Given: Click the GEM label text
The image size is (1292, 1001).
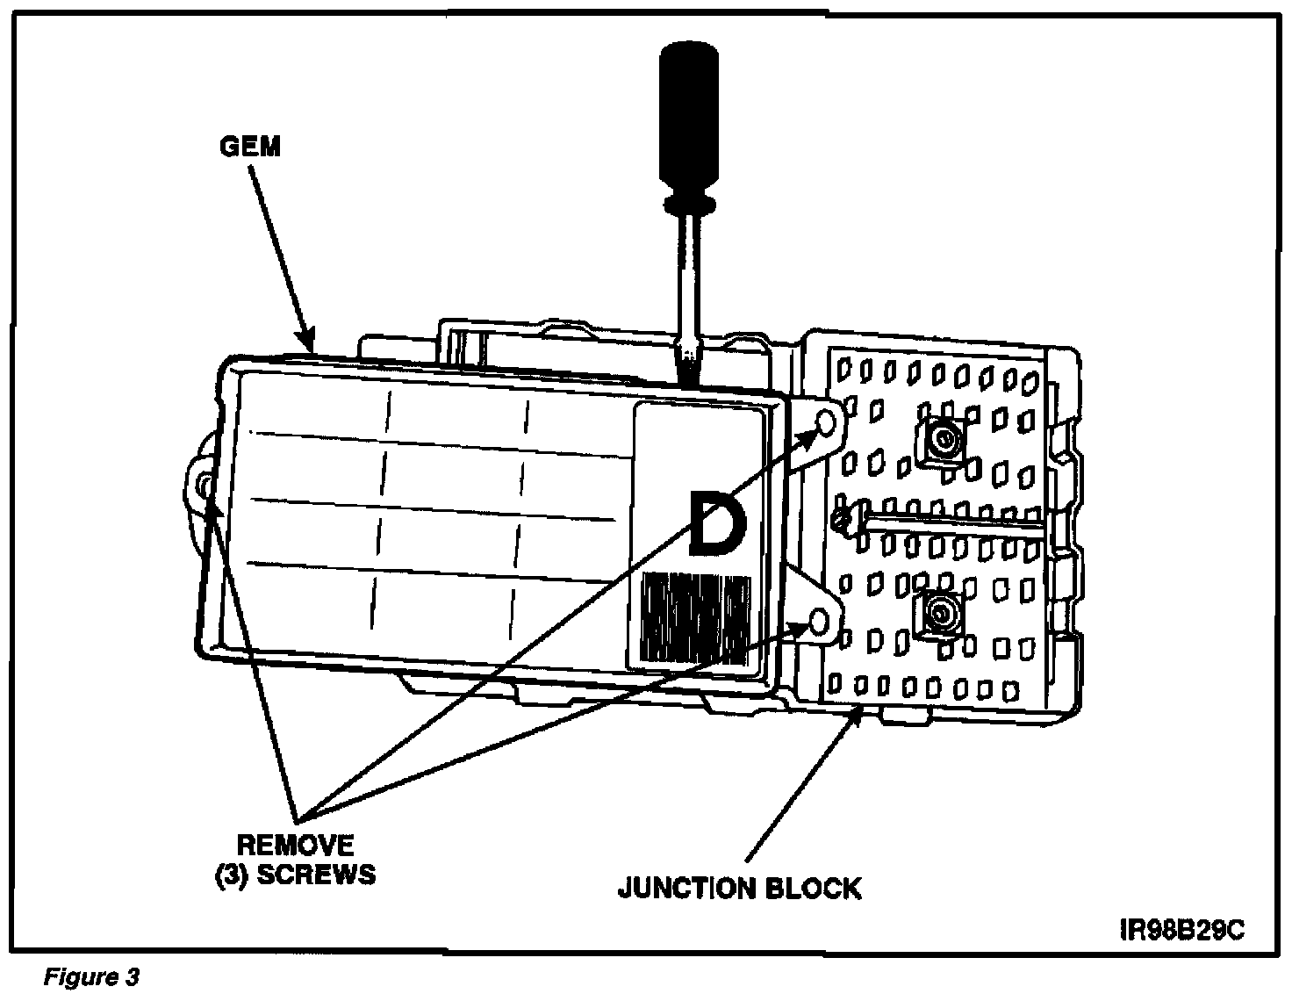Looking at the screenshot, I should click(x=250, y=146).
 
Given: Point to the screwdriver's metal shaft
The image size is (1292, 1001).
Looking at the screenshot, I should click(x=688, y=281).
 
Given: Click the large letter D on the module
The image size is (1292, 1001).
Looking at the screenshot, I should click(x=719, y=524).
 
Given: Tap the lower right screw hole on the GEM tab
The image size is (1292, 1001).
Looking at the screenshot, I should click(x=818, y=623).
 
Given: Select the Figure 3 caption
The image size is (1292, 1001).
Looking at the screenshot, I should click(x=91, y=977).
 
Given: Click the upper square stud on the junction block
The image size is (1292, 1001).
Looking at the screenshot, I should click(x=944, y=439).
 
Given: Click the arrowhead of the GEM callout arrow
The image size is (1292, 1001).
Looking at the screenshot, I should click(x=306, y=343).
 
